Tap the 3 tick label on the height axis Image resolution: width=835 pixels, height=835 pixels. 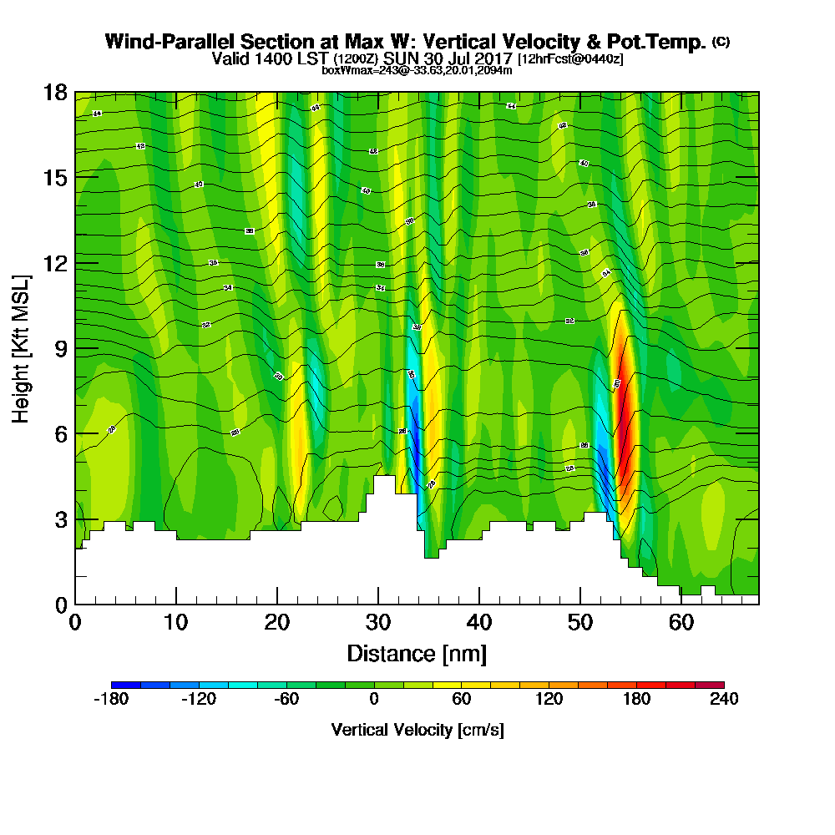coord(60,519)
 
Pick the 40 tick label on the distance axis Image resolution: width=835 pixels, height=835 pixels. coord(479,623)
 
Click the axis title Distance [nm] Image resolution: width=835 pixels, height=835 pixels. coord(417,653)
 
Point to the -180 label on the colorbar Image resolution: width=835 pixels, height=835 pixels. coord(109,700)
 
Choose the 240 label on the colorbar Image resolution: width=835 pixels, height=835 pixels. coord(724,700)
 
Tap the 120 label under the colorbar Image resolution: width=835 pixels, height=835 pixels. coord(549,700)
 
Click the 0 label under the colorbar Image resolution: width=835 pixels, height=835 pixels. coord(374,700)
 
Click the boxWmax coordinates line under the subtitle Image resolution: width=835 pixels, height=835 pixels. coord(417,70)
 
